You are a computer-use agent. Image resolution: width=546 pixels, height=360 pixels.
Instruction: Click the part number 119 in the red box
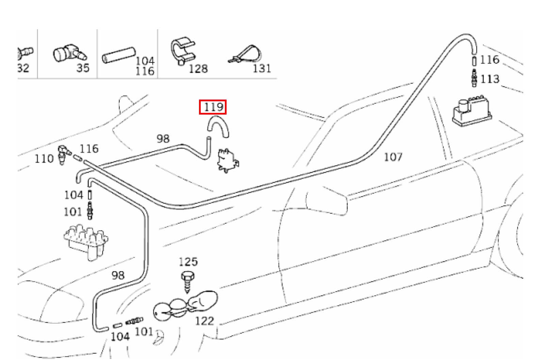coord(213,107)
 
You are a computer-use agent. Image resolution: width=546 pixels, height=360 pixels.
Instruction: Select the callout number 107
coord(393,157)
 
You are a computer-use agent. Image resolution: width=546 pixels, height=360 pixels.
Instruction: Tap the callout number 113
coord(490,79)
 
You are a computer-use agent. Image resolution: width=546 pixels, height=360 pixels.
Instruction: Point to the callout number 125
coord(188,262)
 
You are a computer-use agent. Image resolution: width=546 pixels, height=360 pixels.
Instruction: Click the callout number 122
coord(204,321)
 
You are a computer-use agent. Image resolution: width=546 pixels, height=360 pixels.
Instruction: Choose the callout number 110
coord(44,159)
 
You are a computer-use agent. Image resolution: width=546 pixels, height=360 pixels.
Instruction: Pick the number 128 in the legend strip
coord(198,69)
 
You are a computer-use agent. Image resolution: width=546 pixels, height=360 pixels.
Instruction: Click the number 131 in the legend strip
coord(262,68)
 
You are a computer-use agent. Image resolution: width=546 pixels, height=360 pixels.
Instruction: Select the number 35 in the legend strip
coord(83,68)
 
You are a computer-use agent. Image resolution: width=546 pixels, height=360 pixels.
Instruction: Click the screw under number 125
coord(187,280)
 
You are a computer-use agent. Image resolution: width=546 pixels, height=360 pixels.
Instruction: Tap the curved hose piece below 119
coord(218,125)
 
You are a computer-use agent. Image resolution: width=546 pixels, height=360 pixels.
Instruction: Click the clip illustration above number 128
coord(183,51)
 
